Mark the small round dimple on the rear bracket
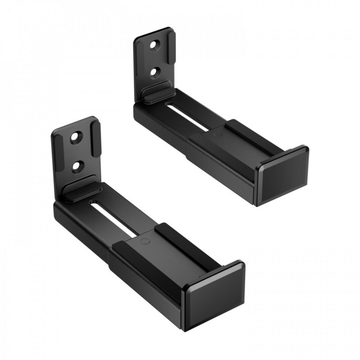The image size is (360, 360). click(216, 134)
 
